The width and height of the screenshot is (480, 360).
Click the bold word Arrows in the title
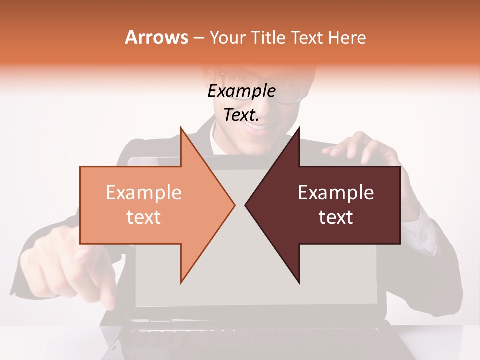click(x=156, y=37)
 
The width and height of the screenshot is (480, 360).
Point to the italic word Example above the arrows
click(x=241, y=91)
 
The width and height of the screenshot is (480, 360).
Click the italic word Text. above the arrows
click(x=241, y=115)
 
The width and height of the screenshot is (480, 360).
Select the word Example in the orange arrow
click(x=143, y=193)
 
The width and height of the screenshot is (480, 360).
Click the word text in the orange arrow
click(x=143, y=217)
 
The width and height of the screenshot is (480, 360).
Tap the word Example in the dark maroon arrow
click(x=336, y=193)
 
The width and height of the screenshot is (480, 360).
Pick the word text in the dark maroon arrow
click(x=336, y=217)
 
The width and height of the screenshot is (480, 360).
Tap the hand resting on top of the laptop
click(x=360, y=147)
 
